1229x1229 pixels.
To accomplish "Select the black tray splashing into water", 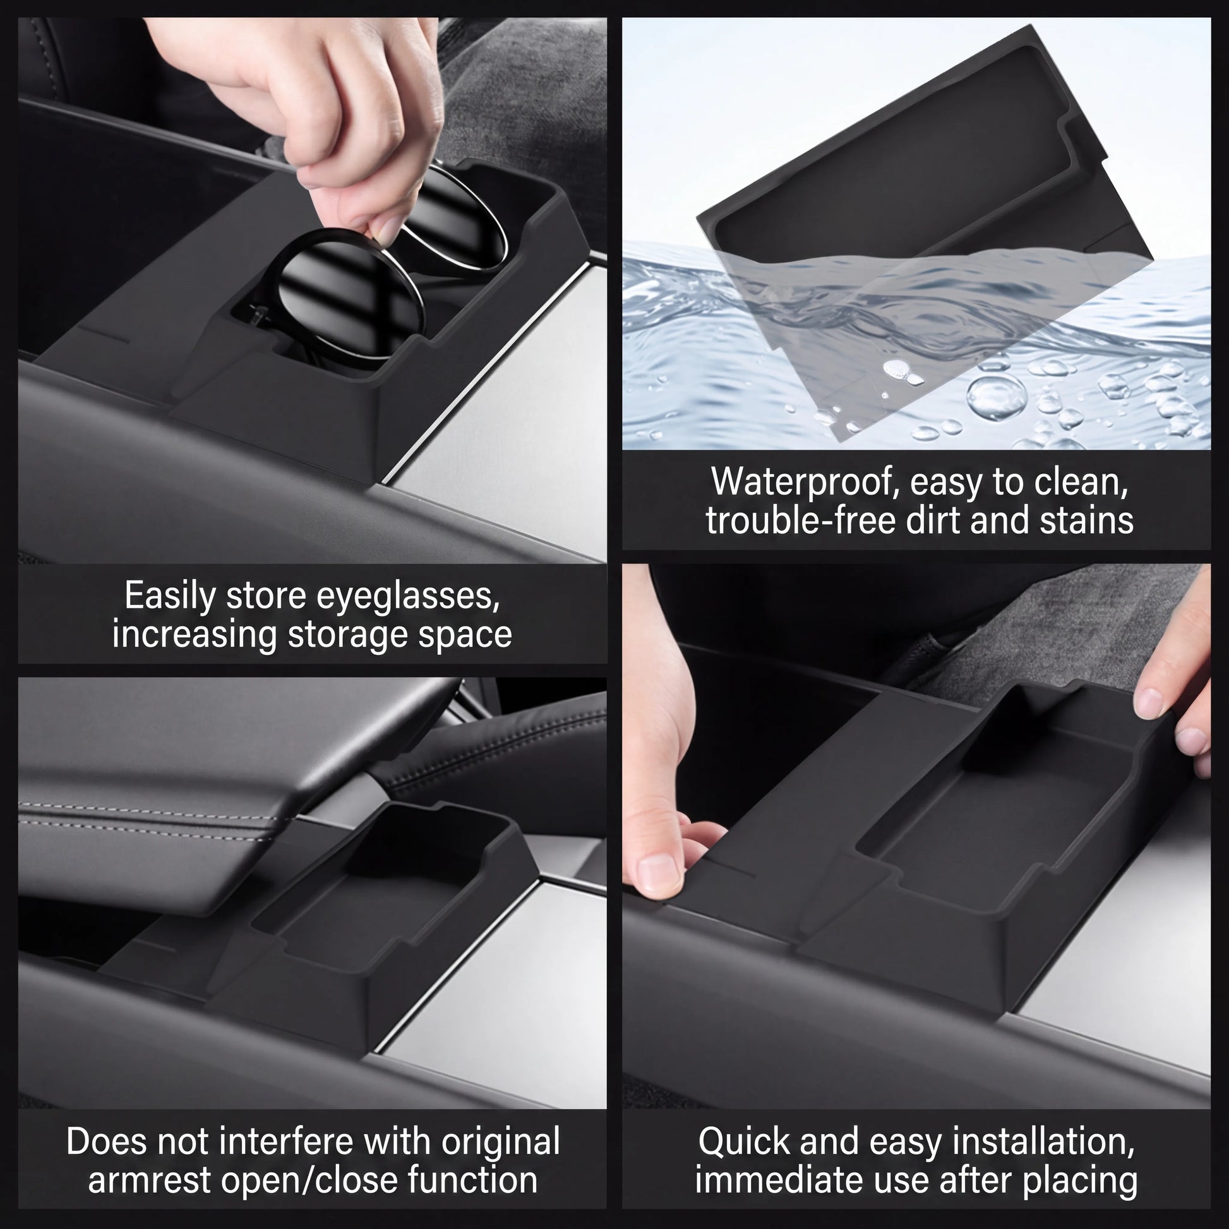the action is [x=903, y=223].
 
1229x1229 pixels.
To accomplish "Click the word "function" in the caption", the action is [x=472, y=1180].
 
